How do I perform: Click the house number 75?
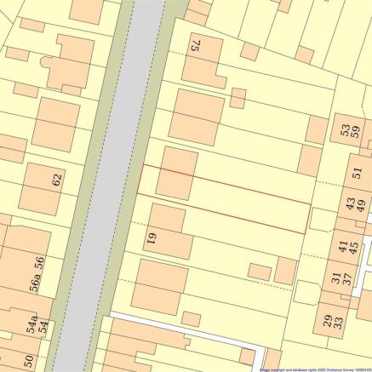195,45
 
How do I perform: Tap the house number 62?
58,180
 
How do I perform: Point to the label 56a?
37,283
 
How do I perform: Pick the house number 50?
27,361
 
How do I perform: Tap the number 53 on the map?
345,131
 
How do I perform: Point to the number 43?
350,204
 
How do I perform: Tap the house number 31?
336,278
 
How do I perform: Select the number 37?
347,278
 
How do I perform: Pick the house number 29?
328,321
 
